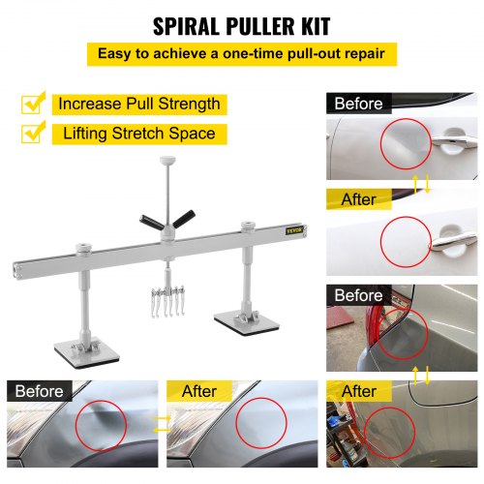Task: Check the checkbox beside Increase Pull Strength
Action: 35,103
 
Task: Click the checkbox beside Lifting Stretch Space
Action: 35,134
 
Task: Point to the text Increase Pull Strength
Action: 138,104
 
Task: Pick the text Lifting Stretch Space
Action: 137,135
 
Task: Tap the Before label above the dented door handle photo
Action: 358,104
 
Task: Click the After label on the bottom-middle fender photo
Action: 198,391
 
